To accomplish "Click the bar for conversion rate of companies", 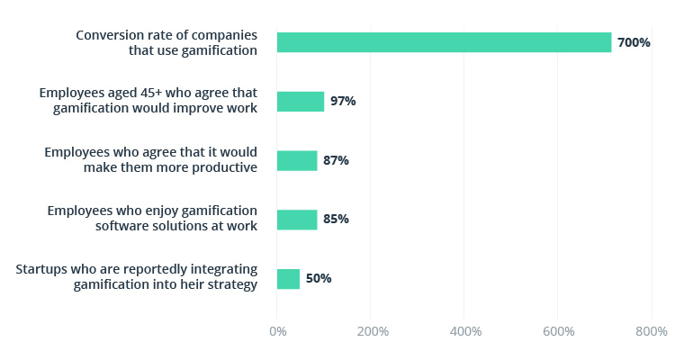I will [x=444, y=42].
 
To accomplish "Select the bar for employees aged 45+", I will [x=301, y=101].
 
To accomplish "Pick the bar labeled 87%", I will [x=297, y=160].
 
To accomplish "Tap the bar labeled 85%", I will [x=297, y=220].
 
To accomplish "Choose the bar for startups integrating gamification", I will [x=288, y=279].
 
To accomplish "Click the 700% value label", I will [x=634, y=42].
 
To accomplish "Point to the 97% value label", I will [x=343, y=101].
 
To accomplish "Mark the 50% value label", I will [x=319, y=279].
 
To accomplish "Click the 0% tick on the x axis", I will [x=278, y=331].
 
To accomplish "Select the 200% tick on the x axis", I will [x=372, y=331].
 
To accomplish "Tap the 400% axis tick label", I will [x=465, y=331].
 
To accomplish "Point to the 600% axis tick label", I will [x=559, y=331].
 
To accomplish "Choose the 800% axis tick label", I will [x=652, y=331].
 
